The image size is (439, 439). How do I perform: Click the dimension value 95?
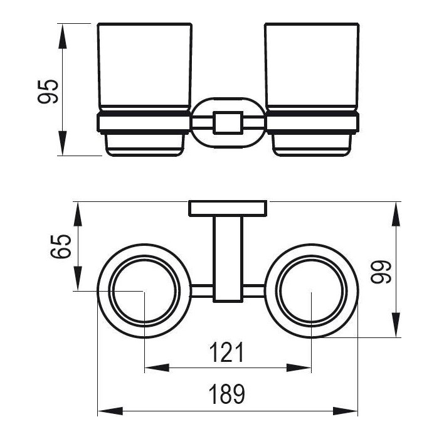(48, 92)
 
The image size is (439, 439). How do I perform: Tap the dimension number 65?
(61, 246)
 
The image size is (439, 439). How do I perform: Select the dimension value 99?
(381, 272)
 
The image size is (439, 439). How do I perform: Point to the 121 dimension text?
(227, 352)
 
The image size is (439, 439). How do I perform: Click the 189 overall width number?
(227, 394)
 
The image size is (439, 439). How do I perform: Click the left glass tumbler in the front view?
(145, 67)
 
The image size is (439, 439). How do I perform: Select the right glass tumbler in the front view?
(312, 67)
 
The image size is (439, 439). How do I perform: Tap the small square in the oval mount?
(228, 123)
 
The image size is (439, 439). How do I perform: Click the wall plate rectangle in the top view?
(228, 208)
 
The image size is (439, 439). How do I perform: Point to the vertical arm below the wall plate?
(228, 259)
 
